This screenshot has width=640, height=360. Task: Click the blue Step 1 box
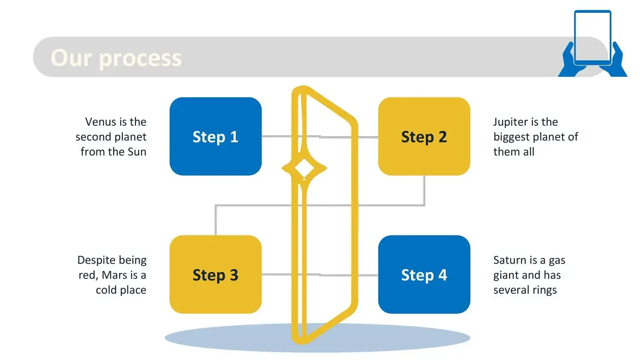(x=215, y=136)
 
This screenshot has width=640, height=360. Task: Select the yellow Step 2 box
(x=424, y=136)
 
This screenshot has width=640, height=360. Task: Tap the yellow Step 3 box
(x=215, y=274)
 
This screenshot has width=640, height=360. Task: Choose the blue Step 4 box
(x=424, y=274)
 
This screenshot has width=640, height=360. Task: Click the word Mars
(x=114, y=275)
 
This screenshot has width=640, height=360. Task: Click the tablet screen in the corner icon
(x=593, y=36)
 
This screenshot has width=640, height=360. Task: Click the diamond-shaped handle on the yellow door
(x=304, y=168)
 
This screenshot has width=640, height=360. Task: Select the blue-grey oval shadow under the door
(x=317, y=338)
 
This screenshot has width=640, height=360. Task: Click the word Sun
(x=137, y=152)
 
